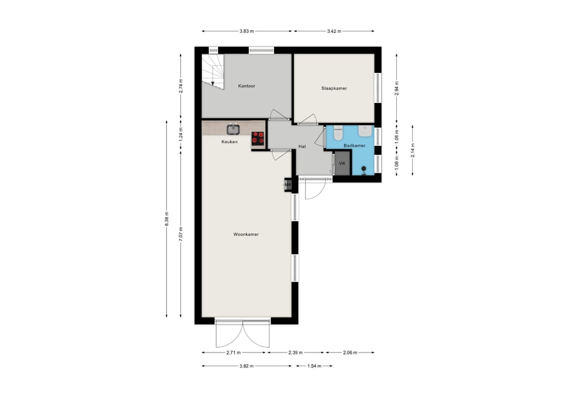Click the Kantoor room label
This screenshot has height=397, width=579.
click(247, 86)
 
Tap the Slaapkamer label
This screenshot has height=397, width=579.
click(334, 89)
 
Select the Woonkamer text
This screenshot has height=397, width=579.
click(246, 234)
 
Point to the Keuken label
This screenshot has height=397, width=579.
click(229, 142)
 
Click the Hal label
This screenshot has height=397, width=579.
click(302, 147)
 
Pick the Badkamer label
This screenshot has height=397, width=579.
click(354, 145)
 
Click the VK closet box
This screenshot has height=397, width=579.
click(342, 164)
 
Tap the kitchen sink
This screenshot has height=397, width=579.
click(233, 129)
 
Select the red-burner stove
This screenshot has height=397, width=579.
click(258, 138)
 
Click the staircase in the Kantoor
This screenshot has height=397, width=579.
click(213, 72)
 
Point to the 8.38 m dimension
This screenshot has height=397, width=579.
click(167, 219)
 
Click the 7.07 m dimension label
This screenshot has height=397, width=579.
click(181, 234)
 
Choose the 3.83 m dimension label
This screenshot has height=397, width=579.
click(247, 32)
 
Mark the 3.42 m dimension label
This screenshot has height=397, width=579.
click(334, 32)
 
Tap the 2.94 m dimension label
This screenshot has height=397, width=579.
click(397, 89)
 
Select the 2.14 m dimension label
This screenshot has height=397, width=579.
click(413, 150)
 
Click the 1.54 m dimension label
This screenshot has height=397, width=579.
click(314, 366)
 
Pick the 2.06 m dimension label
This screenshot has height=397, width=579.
click(350, 352)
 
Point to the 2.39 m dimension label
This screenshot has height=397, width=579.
click(296, 352)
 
